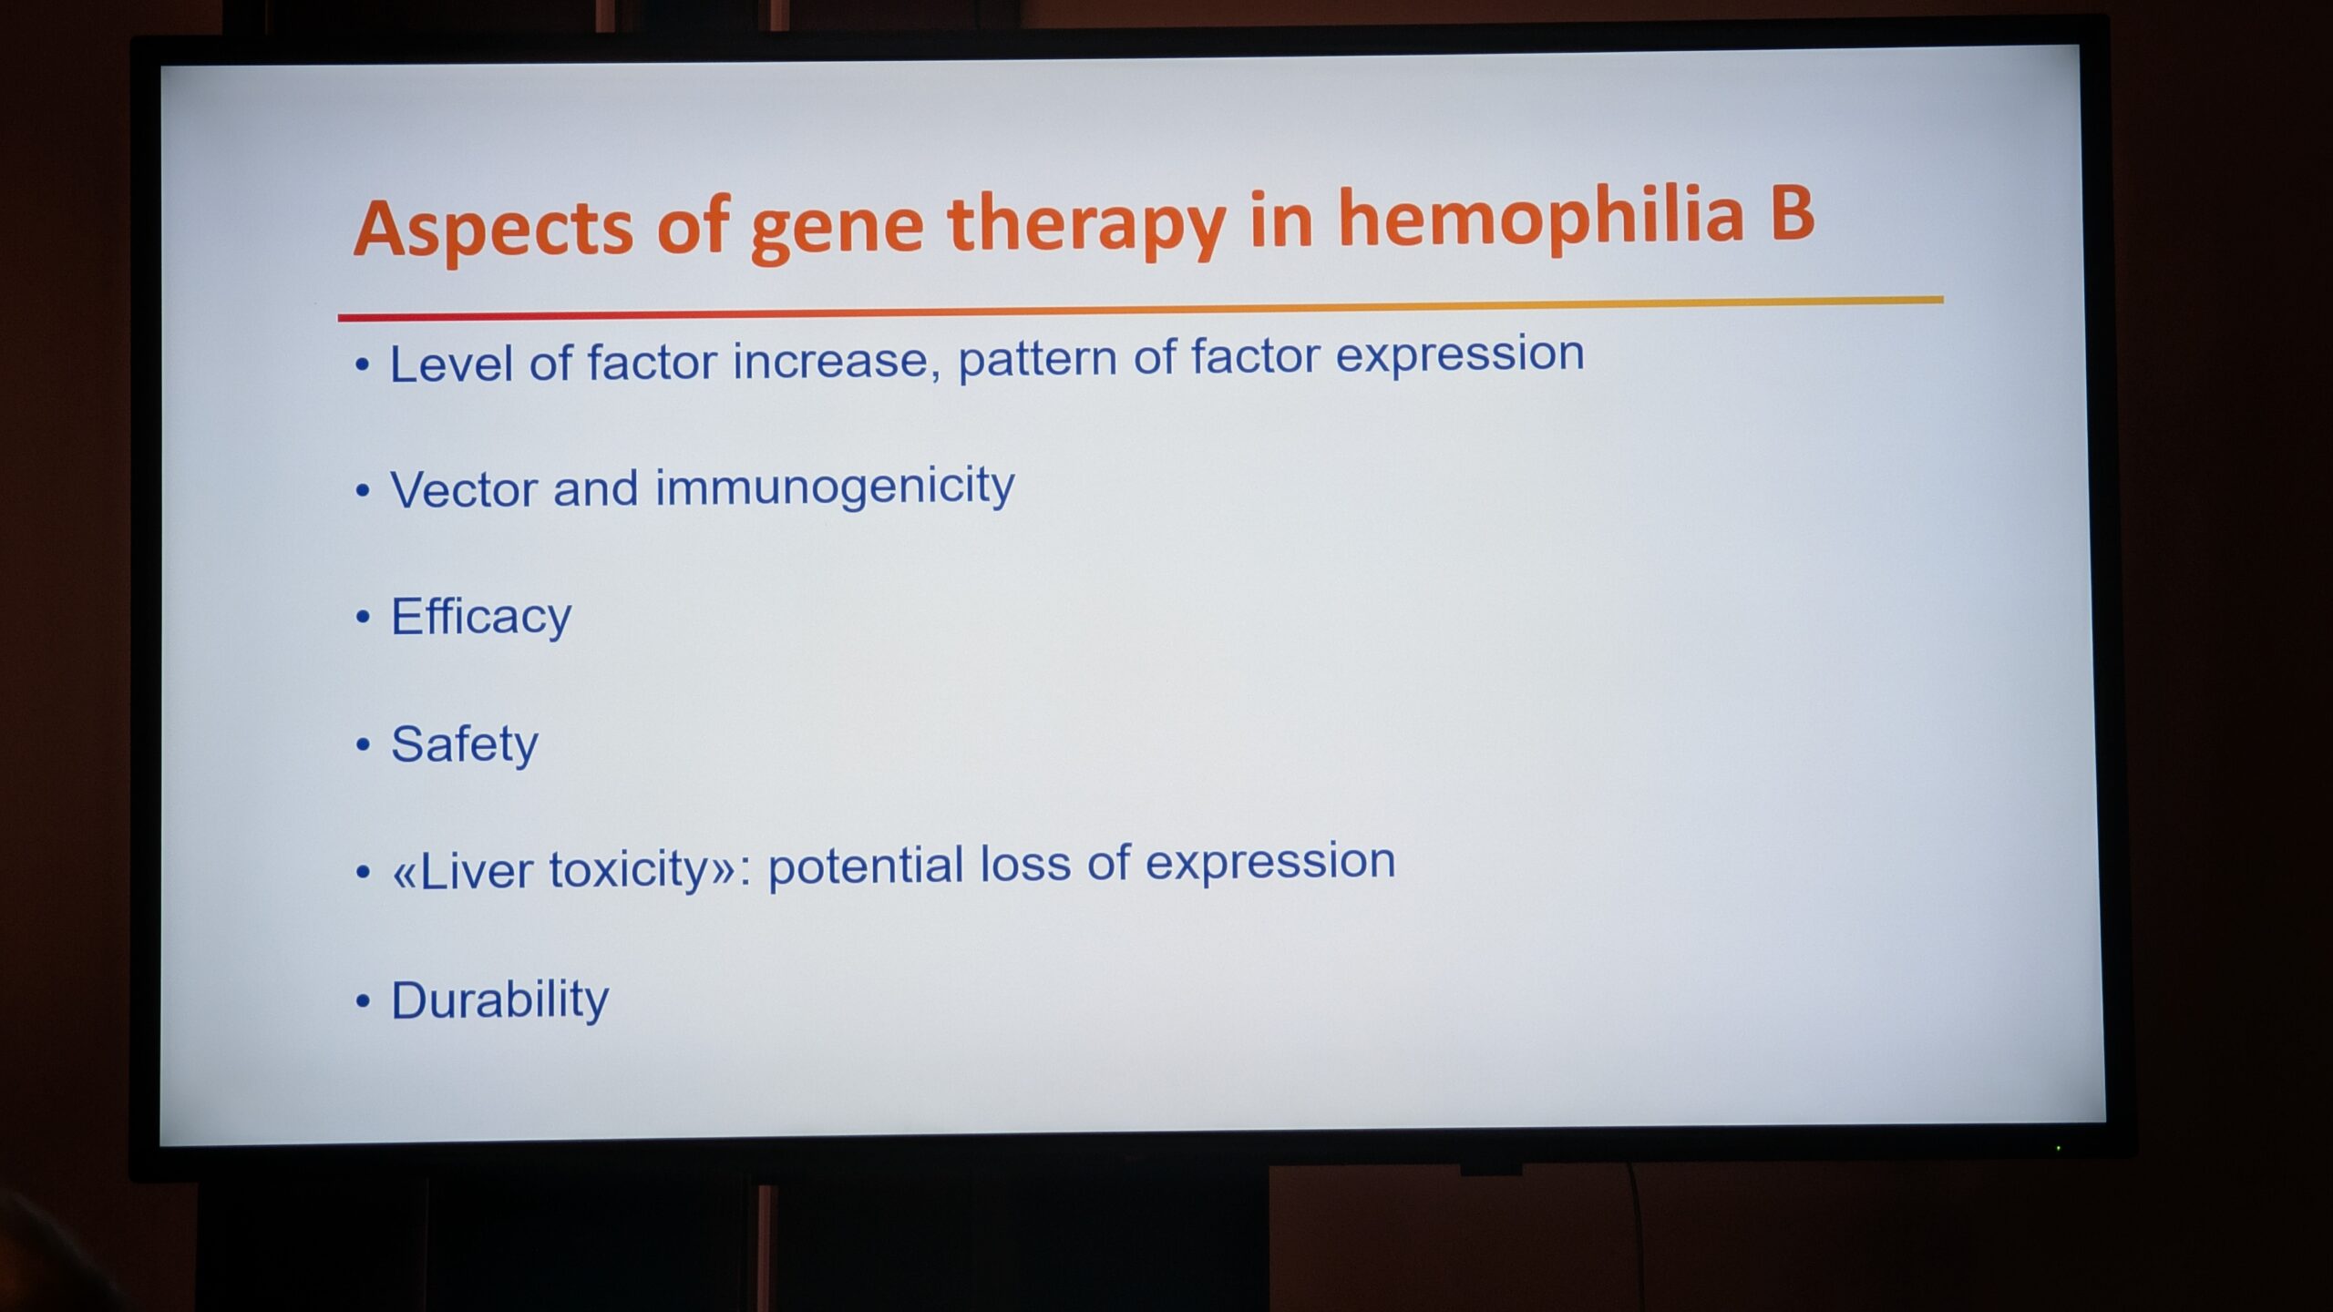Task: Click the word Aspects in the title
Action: click(493, 229)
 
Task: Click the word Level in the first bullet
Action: click(451, 364)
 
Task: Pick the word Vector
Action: click(464, 489)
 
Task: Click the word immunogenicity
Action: click(835, 487)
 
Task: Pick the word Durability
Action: click(499, 1001)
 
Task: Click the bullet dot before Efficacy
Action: click(364, 618)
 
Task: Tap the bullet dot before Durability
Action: click(364, 1002)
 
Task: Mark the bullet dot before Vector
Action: click(364, 491)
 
